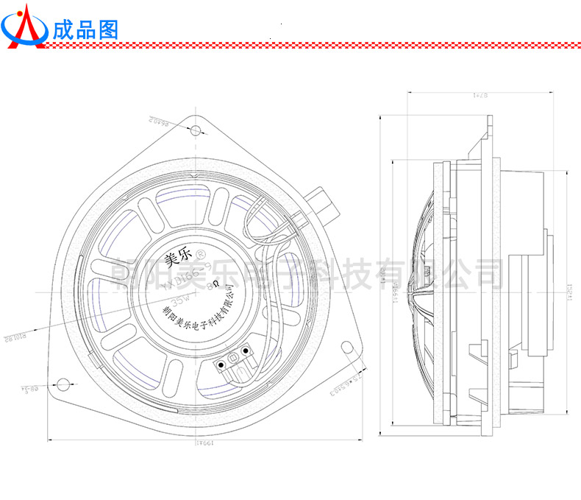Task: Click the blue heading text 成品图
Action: tap(85, 29)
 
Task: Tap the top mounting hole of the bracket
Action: tap(196, 131)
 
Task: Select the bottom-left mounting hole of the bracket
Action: tap(63, 384)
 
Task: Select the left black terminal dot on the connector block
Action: tap(221, 364)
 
